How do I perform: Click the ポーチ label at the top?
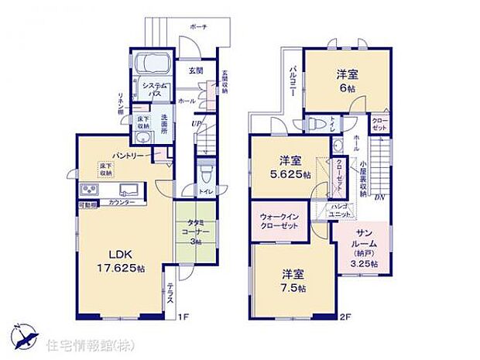tap(197, 26)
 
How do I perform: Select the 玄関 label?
tap(196, 70)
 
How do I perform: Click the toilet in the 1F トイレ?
tap(204, 171)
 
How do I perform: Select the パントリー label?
tap(125, 155)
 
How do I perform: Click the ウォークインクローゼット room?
tap(279, 221)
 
